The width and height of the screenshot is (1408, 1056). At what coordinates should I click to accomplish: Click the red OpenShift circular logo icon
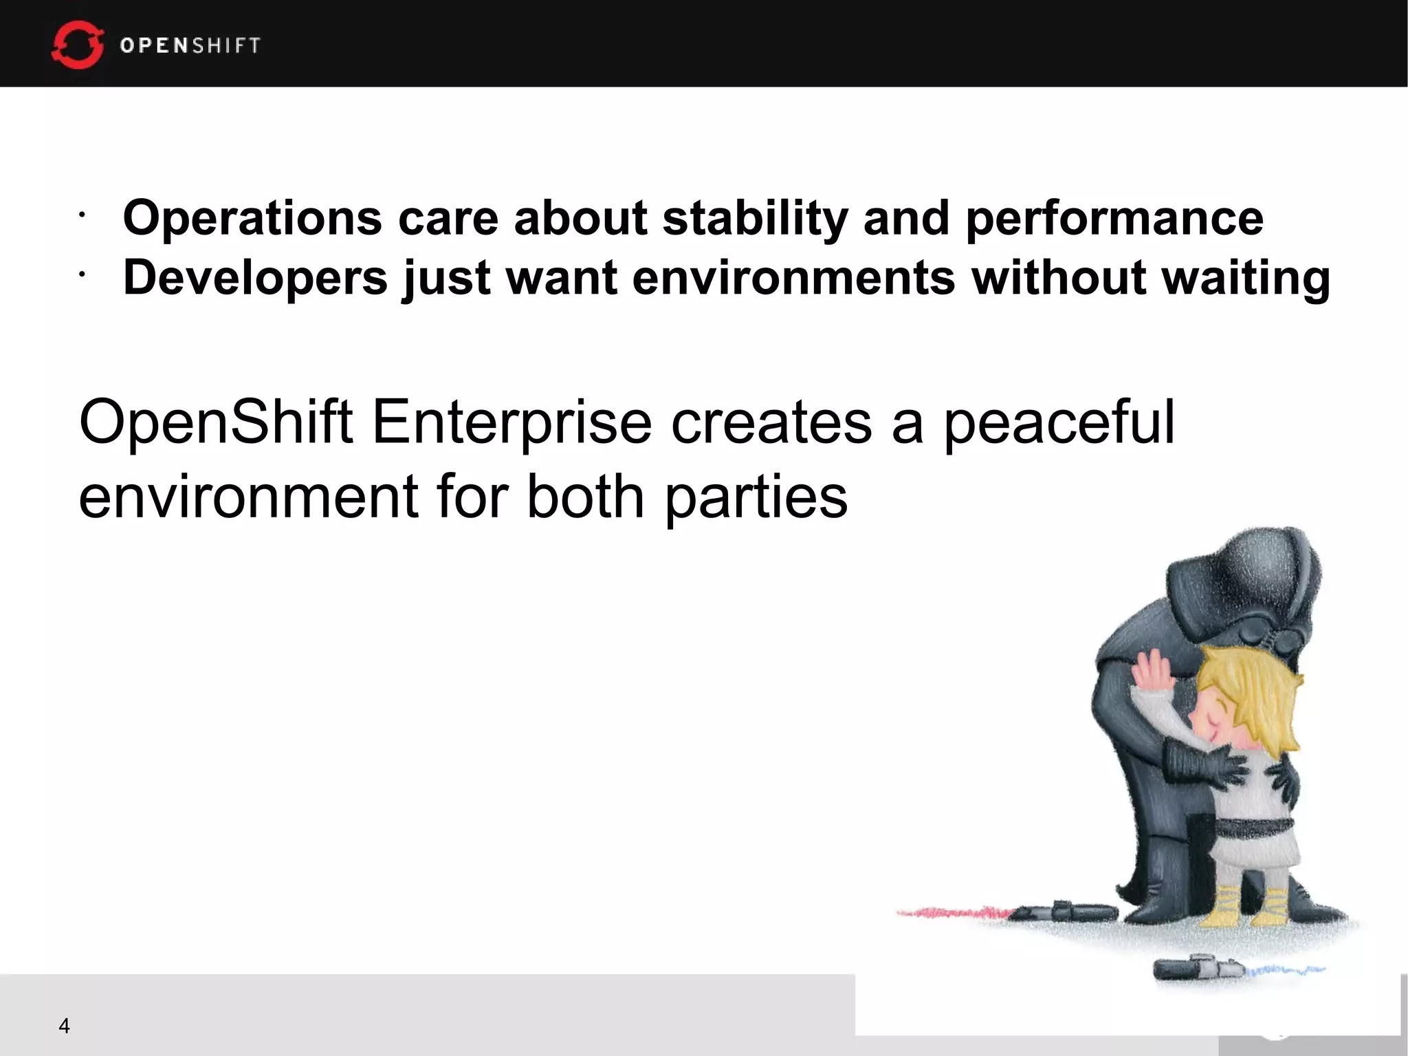coord(77,45)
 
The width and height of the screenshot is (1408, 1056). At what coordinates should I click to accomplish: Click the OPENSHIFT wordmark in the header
coord(190,45)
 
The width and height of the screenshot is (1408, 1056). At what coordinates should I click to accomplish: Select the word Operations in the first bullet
coord(252,218)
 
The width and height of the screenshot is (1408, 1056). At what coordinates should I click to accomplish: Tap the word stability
coord(755,218)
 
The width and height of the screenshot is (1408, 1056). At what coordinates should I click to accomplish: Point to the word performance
coord(1114,218)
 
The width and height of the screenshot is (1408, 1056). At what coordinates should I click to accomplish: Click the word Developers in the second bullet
coord(255,278)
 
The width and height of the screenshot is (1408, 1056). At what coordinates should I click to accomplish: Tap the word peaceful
coord(1059,422)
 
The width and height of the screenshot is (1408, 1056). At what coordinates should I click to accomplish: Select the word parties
coord(756,497)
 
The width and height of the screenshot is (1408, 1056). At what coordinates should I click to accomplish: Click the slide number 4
coord(64,1026)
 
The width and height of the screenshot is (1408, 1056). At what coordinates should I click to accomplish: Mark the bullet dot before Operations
coord(81,216)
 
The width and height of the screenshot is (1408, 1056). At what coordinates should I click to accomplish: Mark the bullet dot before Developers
coord(81,275)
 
